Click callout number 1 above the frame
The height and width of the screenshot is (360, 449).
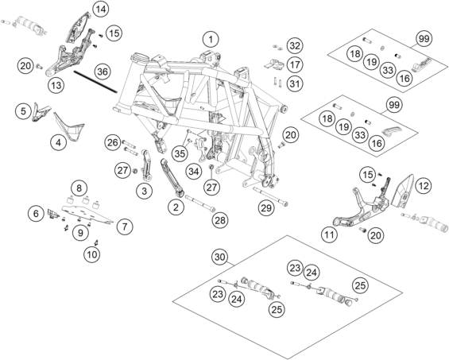point(211,39)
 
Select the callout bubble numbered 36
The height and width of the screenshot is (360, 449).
point(103,72)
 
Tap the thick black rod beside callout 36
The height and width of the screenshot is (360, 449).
point(95,82)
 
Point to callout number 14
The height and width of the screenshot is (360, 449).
point(100,10)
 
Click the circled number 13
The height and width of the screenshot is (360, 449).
point(56,85)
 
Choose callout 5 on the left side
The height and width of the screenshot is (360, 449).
point(23,110)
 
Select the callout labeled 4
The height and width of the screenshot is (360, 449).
point(59,142)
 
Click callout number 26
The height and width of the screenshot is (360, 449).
point(113,142)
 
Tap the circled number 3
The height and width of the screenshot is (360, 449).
point(144,191)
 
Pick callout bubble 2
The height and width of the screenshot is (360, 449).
point(176,207)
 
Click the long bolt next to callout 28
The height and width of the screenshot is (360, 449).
point(200,203)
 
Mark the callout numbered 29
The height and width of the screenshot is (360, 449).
point(266,207)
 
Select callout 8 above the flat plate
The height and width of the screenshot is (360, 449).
point(79,188)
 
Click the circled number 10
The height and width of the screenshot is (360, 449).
point(92,254)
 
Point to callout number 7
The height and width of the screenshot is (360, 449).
point(125,226)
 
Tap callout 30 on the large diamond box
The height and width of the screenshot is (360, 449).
point(220,257)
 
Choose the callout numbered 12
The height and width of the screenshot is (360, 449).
point(424,186)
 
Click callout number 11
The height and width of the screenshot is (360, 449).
point(329,235)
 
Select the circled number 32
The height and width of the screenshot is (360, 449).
point(295,45)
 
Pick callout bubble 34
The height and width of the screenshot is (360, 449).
point(194,172)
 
